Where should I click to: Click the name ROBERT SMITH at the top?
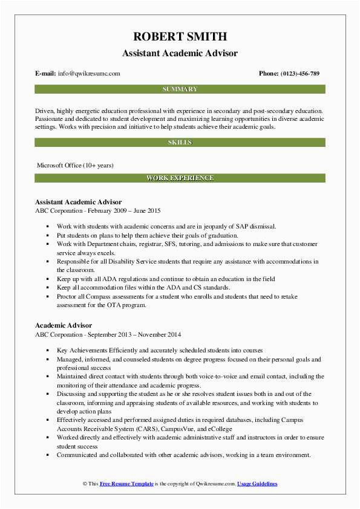180,36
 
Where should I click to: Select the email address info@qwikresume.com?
89,74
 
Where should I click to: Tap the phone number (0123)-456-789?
300,74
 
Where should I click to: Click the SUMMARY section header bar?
180,89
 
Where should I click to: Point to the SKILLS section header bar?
180,143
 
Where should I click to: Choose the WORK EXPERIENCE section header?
180,178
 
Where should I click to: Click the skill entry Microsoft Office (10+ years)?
75,165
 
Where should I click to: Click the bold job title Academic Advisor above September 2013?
64,326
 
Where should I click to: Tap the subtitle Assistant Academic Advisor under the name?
180,53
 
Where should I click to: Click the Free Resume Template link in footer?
128,484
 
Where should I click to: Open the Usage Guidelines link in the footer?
257,484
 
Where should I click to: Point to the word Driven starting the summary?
45,111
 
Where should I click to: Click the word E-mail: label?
45,74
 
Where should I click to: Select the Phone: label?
269,74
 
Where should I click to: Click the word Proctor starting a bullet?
68,297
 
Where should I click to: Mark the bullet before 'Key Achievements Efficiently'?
48,351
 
